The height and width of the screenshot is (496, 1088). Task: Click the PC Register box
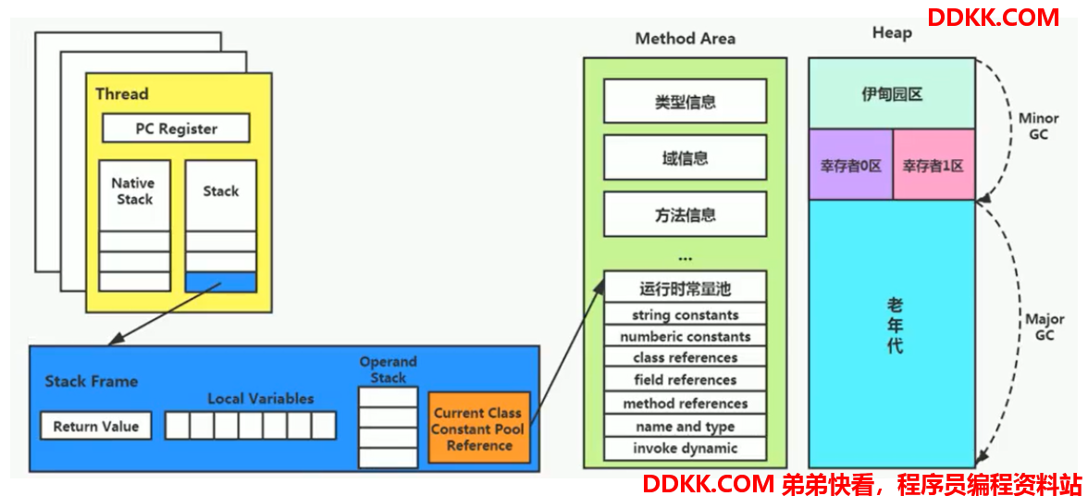[x=176, y=129]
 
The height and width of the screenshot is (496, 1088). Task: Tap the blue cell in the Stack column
[x=220, y=281]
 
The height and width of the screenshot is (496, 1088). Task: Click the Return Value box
[x=96, y=426]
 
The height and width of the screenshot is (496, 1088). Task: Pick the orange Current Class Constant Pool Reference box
[x=479, y=428]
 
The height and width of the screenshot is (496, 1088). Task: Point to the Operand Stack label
[x=388, y=370]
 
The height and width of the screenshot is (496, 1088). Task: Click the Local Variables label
[x=261, y=399]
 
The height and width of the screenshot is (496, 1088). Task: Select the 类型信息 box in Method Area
[x=685, y=101]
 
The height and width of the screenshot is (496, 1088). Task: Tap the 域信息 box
[x=685, y=157]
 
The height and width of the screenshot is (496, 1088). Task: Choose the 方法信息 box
[x=685, y=215]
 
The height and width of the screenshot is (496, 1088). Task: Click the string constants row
[x=685, y=315]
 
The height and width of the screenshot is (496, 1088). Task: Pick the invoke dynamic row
[x=685, y=448]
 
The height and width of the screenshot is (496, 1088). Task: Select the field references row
[x=685, y=380]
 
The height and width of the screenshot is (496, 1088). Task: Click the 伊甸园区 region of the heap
[x=892, y=93]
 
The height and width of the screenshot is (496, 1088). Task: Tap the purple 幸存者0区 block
[x=851, y=165]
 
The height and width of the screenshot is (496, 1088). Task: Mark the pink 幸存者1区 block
[x=933, y=165]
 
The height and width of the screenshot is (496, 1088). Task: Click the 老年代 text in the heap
[x=895, y=326]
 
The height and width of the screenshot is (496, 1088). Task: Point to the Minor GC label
[x=1038, y=126]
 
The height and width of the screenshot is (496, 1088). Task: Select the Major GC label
[x=1045, y=327]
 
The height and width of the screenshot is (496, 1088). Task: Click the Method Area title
[x=685, y=39]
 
